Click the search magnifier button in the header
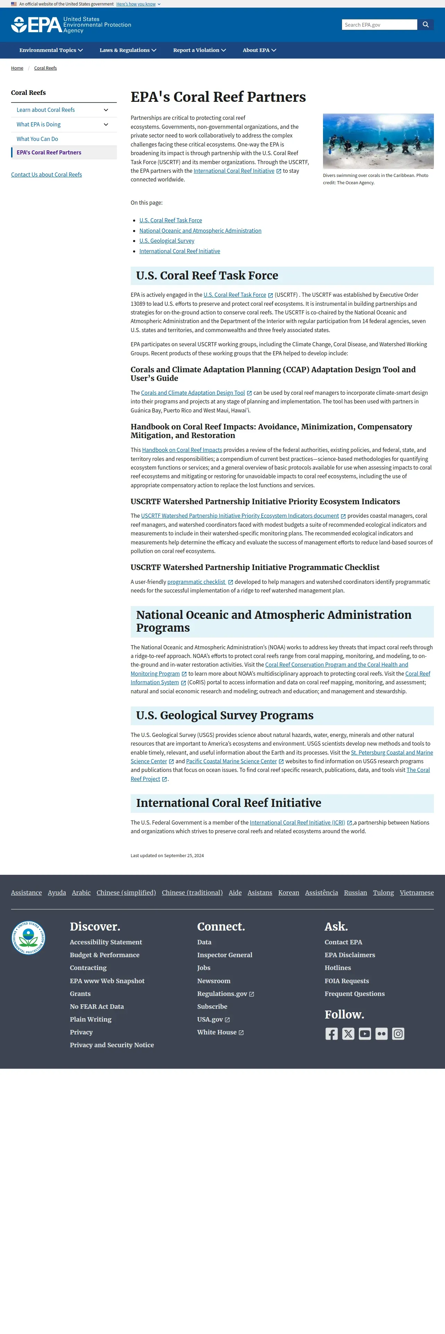425,24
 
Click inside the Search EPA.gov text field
379,24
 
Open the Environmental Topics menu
51,50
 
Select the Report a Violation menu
199,50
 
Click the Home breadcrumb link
17,68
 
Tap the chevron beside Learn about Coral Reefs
106,110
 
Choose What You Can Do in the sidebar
37,139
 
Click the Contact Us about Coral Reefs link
47,175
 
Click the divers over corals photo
378,141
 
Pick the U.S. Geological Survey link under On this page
167,241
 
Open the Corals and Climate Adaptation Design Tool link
193,393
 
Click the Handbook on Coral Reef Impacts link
182,450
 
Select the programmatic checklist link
197,582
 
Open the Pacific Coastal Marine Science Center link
232,761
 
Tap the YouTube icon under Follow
365,1034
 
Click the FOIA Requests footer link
347,981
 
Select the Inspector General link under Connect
224,955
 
